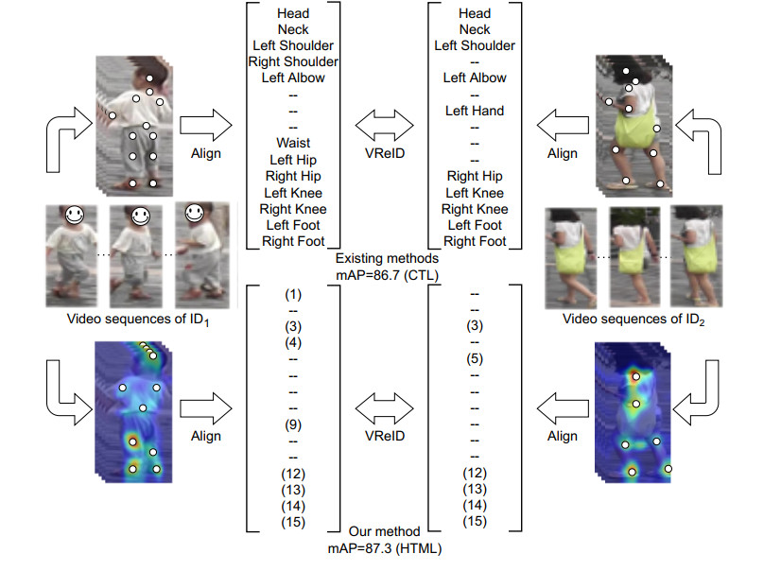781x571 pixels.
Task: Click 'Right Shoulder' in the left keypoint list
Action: click(292, 61)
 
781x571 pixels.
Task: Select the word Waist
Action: click(292, 143)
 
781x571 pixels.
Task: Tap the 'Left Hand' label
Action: click(474, 111)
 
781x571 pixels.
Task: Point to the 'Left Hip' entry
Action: click(293, 160)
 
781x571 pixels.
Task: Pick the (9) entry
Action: click(292, 424)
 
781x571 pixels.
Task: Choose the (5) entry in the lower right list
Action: click(475, 359)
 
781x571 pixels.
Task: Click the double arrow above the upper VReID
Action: click(383, 124)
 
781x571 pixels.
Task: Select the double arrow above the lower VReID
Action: click(383, 408)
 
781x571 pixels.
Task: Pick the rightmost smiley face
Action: click(195, 213)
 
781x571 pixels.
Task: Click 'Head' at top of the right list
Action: click(474, 13)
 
